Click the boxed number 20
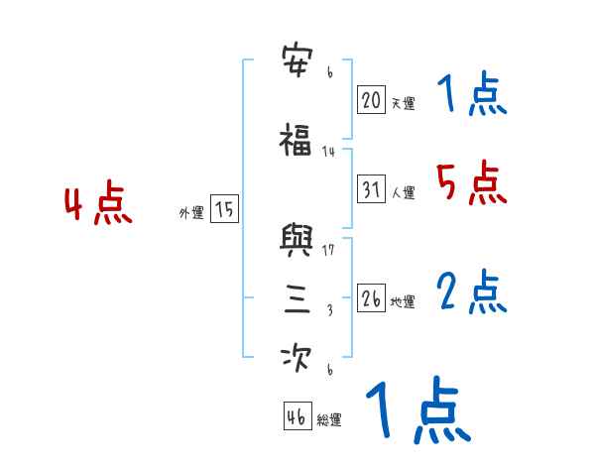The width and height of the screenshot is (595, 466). pos(371,99)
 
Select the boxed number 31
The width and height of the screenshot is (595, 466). pos(371,189)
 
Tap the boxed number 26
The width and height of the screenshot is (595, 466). pos(371,298)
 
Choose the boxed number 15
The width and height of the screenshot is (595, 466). pos(224,209)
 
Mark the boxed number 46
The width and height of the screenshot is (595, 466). pos(297,416)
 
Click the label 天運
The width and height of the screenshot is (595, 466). pos(403,103)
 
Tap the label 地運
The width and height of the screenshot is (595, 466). pos(403,302)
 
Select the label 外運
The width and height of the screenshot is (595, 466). pos(191,213)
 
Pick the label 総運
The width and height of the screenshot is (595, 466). pos(329,420)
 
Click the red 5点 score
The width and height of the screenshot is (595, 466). pos(468,182)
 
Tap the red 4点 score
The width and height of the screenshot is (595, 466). pos(97,205)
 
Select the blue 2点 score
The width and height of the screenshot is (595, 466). pos(471,291)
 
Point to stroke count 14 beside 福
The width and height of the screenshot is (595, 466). pos(329,151)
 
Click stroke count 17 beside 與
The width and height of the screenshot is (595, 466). pos(329,249)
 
